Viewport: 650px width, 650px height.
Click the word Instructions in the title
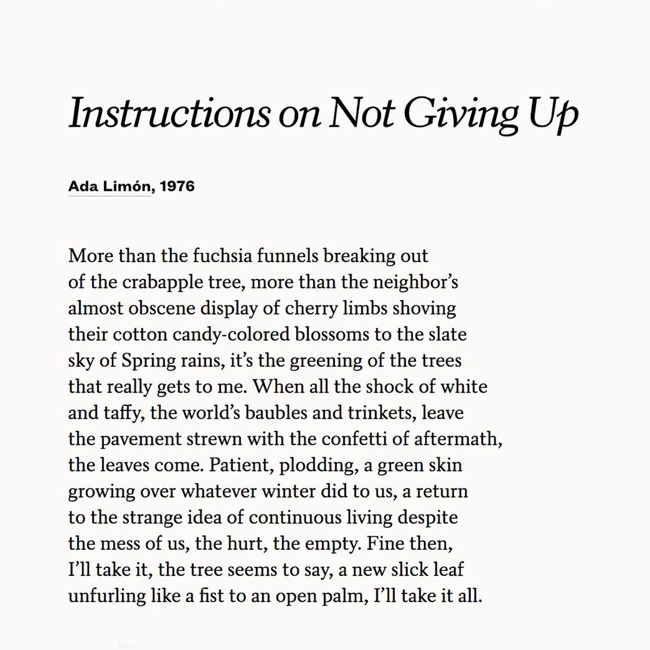tap(169, 113)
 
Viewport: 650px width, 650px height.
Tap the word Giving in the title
tap(461, 113)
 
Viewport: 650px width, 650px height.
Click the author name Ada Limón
tap(109, 186)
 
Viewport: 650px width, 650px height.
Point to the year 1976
tap(177, 186)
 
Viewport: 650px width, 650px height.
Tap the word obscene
tap(162, 308)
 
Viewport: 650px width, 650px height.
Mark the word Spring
tap(149, 361)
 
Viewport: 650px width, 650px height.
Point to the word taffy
tap(124, 413)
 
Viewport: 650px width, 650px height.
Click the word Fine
tap(385, 543)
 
